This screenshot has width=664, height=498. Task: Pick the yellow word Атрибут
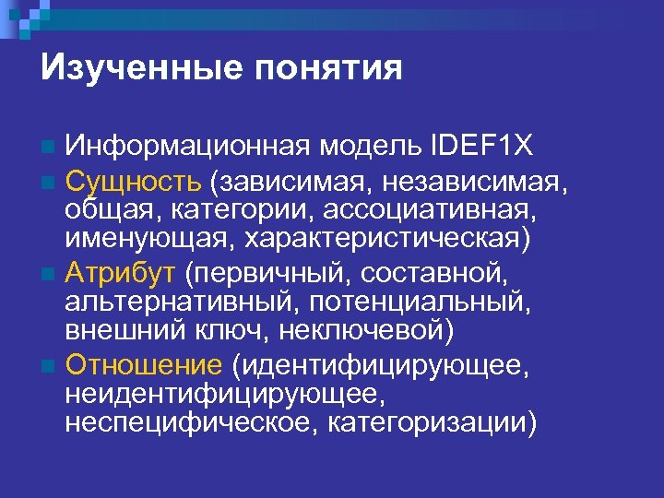(120, 272)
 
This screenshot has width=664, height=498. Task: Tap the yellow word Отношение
(144, 366)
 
